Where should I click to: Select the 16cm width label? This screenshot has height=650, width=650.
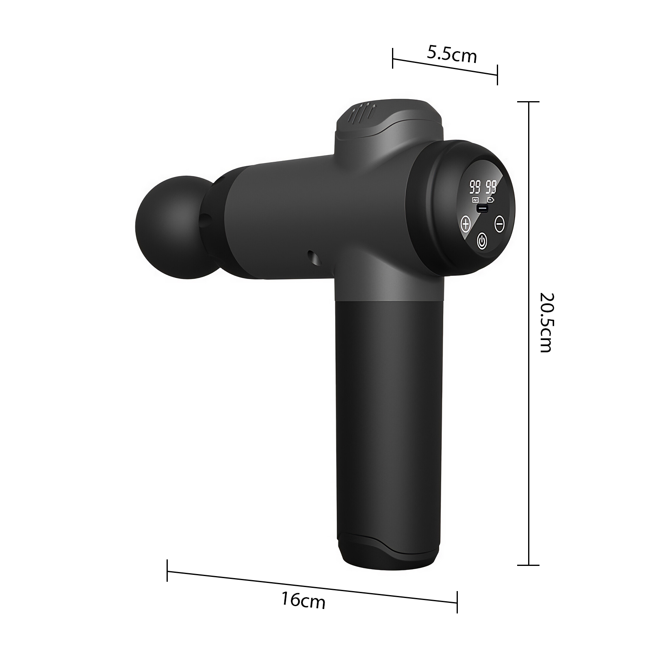point(303,600)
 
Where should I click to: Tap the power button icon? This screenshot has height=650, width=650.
point(481,240)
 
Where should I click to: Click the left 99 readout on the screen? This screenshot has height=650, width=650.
point(474,187)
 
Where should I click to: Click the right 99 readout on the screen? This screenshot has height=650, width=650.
point(491,187)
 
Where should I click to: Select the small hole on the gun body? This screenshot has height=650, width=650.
point(313,257)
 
